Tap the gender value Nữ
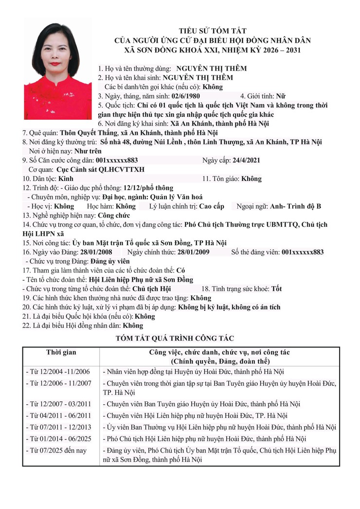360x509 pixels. coord(282,96)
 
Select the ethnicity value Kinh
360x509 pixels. coord(72,179)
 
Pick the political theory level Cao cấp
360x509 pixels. coord(212,206)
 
